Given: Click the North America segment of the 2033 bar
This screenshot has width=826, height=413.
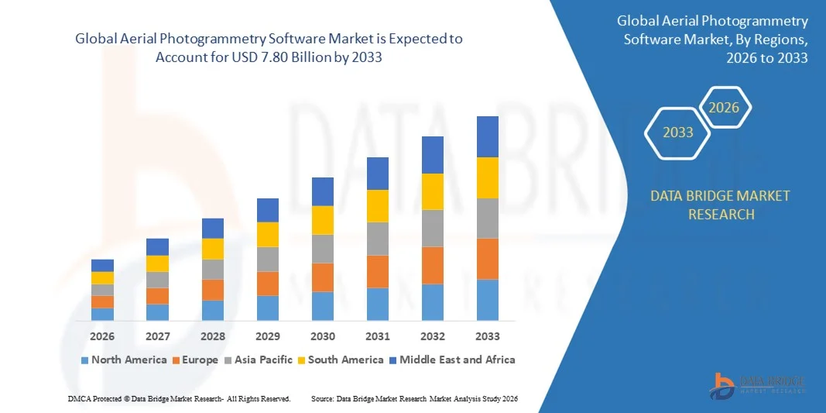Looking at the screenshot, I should (x=487, y=300).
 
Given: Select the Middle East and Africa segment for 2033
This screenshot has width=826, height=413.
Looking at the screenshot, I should (x=487, y=136).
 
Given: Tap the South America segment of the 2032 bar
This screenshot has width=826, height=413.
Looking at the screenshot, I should (x=432, y=191).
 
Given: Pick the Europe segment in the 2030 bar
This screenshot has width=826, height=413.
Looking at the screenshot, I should (x=323, y=277).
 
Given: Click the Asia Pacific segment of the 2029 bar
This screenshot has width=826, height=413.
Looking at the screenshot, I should (x=268, y=259).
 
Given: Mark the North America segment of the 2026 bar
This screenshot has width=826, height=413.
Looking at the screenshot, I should (x=102, y=314).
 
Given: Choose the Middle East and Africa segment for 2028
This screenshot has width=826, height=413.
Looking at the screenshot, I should (x=213, y=228).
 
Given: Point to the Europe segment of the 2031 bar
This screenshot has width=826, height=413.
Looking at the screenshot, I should (x=377, y=271).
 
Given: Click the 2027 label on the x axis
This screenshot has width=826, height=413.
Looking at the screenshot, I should (x=157, y=336).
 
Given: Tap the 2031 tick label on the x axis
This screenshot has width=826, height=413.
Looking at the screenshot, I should (x=377, y=336).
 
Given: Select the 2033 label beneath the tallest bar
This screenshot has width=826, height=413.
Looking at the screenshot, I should (x=487, y=336).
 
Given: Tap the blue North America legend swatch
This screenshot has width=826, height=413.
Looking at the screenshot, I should (x=84, y=360).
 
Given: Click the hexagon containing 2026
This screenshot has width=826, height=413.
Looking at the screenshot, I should (x=725, y=108).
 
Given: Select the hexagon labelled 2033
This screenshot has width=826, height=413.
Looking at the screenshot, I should (x=678, y=133).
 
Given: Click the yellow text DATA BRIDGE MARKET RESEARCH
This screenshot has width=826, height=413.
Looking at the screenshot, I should (x=720, y=205).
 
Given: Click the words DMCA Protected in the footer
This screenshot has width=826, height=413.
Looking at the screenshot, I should (x=90, y=398).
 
